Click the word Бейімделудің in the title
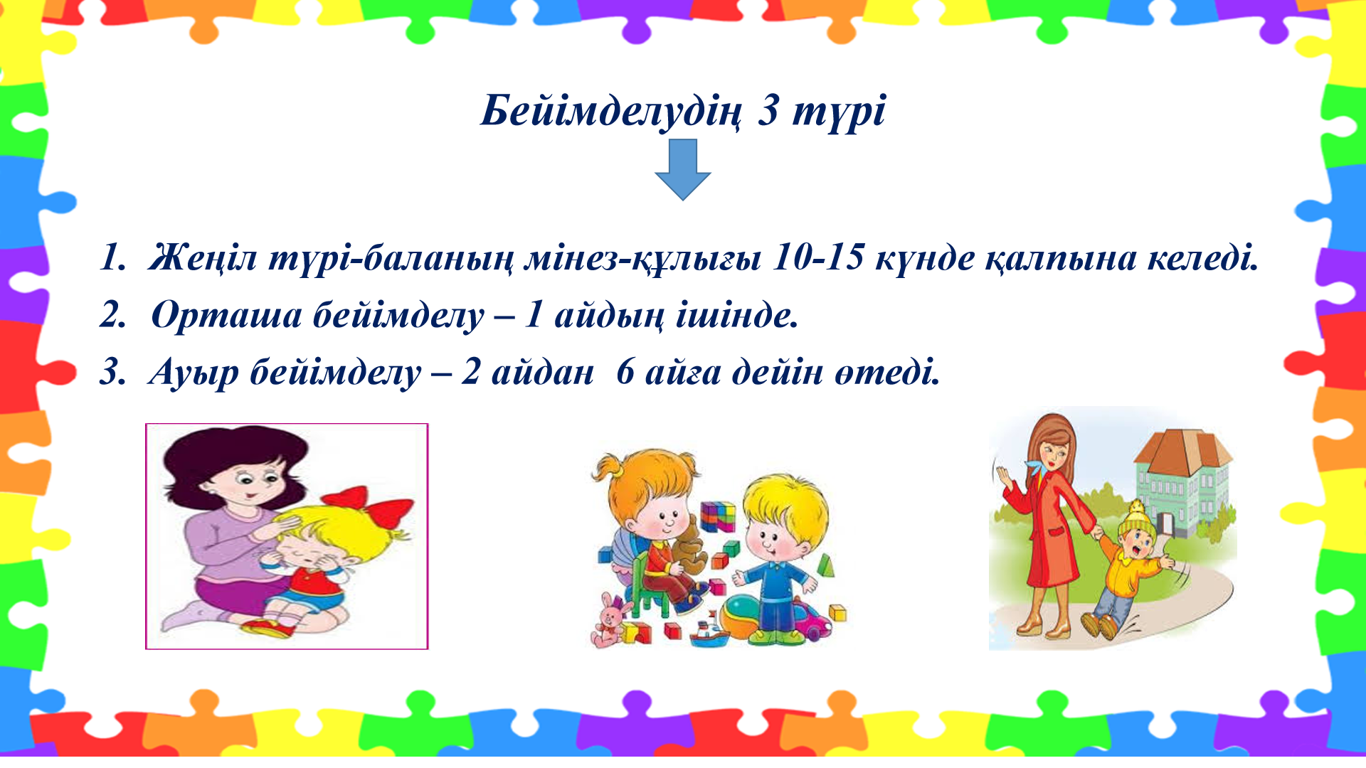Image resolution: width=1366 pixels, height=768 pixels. pos(610,112)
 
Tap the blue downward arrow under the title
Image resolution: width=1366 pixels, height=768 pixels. pos(683,169)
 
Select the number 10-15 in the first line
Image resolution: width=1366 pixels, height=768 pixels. pos(817,257)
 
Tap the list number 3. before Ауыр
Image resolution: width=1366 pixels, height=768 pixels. pos(113,372)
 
